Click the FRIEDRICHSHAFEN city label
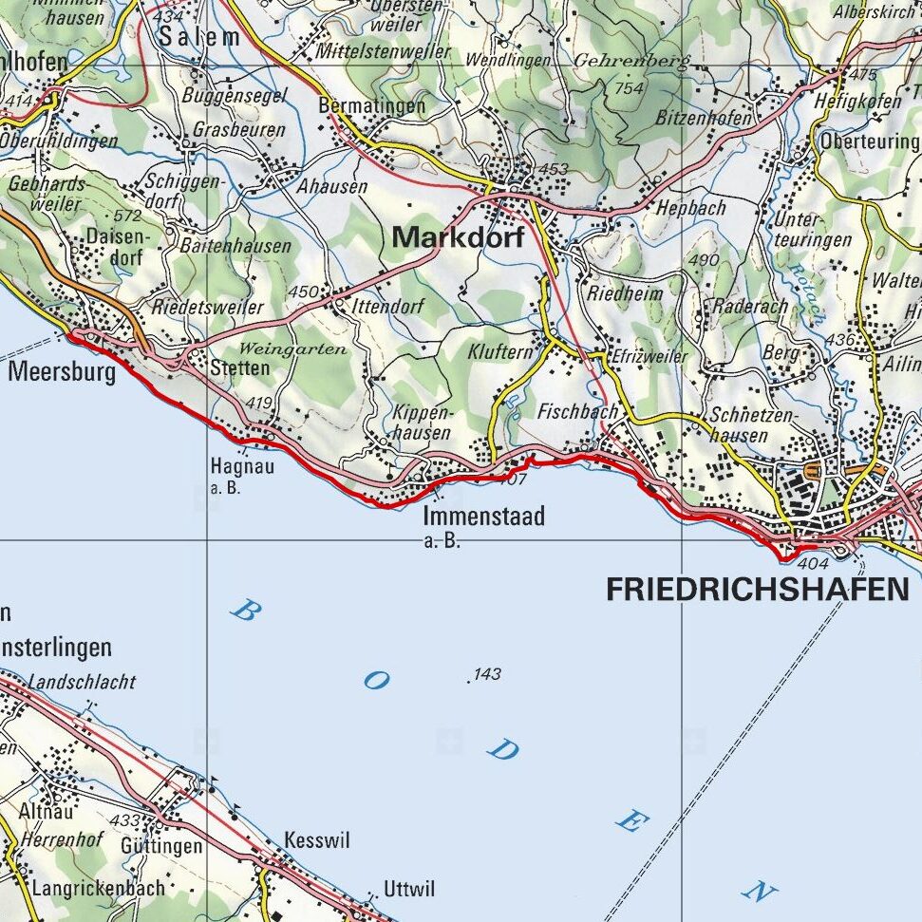point(757,590)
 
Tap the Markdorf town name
point(458,237)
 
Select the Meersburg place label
point(62,370)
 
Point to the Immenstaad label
point(483,517)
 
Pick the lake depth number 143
point(486,674)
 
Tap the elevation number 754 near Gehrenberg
point(629,88)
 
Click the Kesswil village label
point(317,841)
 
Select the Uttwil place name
point(409,890)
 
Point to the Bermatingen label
point(372,105)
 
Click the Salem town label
point(199,37)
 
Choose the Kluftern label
point(500,351)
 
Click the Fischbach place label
point(577,412)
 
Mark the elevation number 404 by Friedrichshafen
point(814,564)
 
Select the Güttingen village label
point(161,845)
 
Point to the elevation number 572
point(126,216)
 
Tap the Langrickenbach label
point(98,889)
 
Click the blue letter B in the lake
point(245,612)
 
